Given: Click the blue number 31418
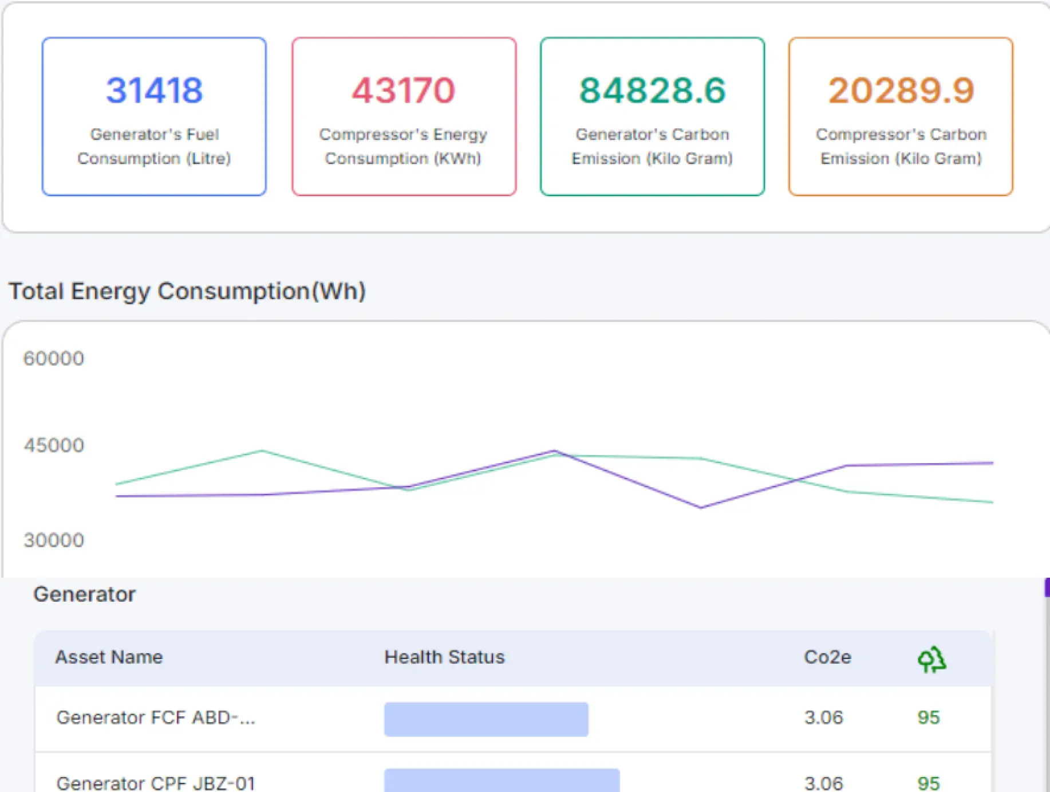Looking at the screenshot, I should point(154,91).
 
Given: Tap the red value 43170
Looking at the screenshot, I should point(403,91).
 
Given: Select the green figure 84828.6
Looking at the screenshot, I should point(652,91).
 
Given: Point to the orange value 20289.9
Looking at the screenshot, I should point(901,91).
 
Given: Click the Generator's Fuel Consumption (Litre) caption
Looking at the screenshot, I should point(154,146).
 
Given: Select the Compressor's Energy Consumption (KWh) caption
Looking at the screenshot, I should point(403,146).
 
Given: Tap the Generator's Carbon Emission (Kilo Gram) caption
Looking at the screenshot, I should point(652,146).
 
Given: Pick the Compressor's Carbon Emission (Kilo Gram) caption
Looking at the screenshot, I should point(901,146).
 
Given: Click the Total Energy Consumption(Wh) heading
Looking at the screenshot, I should point(187,291).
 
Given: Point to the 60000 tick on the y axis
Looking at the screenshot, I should point(54,359).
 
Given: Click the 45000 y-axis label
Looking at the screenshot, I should point(54,445).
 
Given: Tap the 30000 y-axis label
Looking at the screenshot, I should point(54,540).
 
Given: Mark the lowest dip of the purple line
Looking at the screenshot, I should point(701,507).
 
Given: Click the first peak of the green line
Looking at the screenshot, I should point(262,451).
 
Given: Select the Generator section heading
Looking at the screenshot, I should point(85,594).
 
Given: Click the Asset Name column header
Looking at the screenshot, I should point(109,657).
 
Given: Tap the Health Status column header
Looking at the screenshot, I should point(444,657).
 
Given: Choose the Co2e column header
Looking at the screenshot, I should point(827,657).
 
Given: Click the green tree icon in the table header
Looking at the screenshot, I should point(931,660).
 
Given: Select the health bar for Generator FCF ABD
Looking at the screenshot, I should point(486,719).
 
